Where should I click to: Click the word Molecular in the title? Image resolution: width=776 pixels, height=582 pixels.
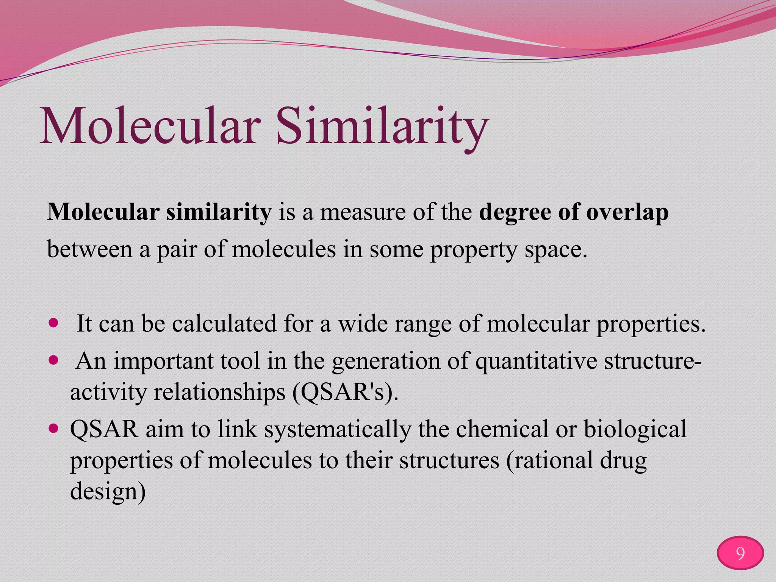(150, 126)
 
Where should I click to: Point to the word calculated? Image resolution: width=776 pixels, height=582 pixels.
(224, 324)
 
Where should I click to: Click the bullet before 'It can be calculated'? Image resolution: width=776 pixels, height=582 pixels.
(54, 323)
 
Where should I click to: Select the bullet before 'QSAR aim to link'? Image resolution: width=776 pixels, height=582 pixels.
(54, 428)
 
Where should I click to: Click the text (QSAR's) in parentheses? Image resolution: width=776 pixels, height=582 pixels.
(345, 393)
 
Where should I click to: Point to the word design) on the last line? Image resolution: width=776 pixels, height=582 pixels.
(108, 491)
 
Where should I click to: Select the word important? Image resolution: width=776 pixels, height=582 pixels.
(163, 361)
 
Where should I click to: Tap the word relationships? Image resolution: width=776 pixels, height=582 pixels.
(219, 392)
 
